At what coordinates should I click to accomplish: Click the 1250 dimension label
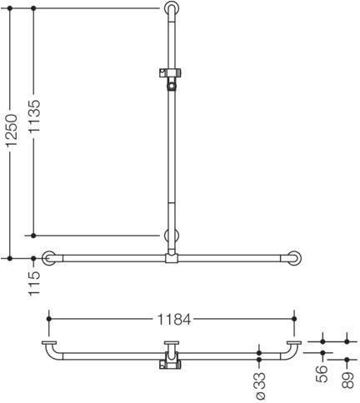point(12,130)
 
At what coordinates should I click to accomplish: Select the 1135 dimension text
point(35,116)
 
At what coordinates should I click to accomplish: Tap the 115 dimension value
point(35,284)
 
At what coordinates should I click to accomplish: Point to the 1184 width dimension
point(174,320)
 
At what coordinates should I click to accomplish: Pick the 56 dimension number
point(322,374)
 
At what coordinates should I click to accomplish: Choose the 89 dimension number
point(347,381)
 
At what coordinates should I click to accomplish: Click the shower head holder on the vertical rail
point(170,78)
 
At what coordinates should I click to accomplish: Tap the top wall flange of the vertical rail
point(172,8)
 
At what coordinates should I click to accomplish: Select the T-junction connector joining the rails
point(172,258)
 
